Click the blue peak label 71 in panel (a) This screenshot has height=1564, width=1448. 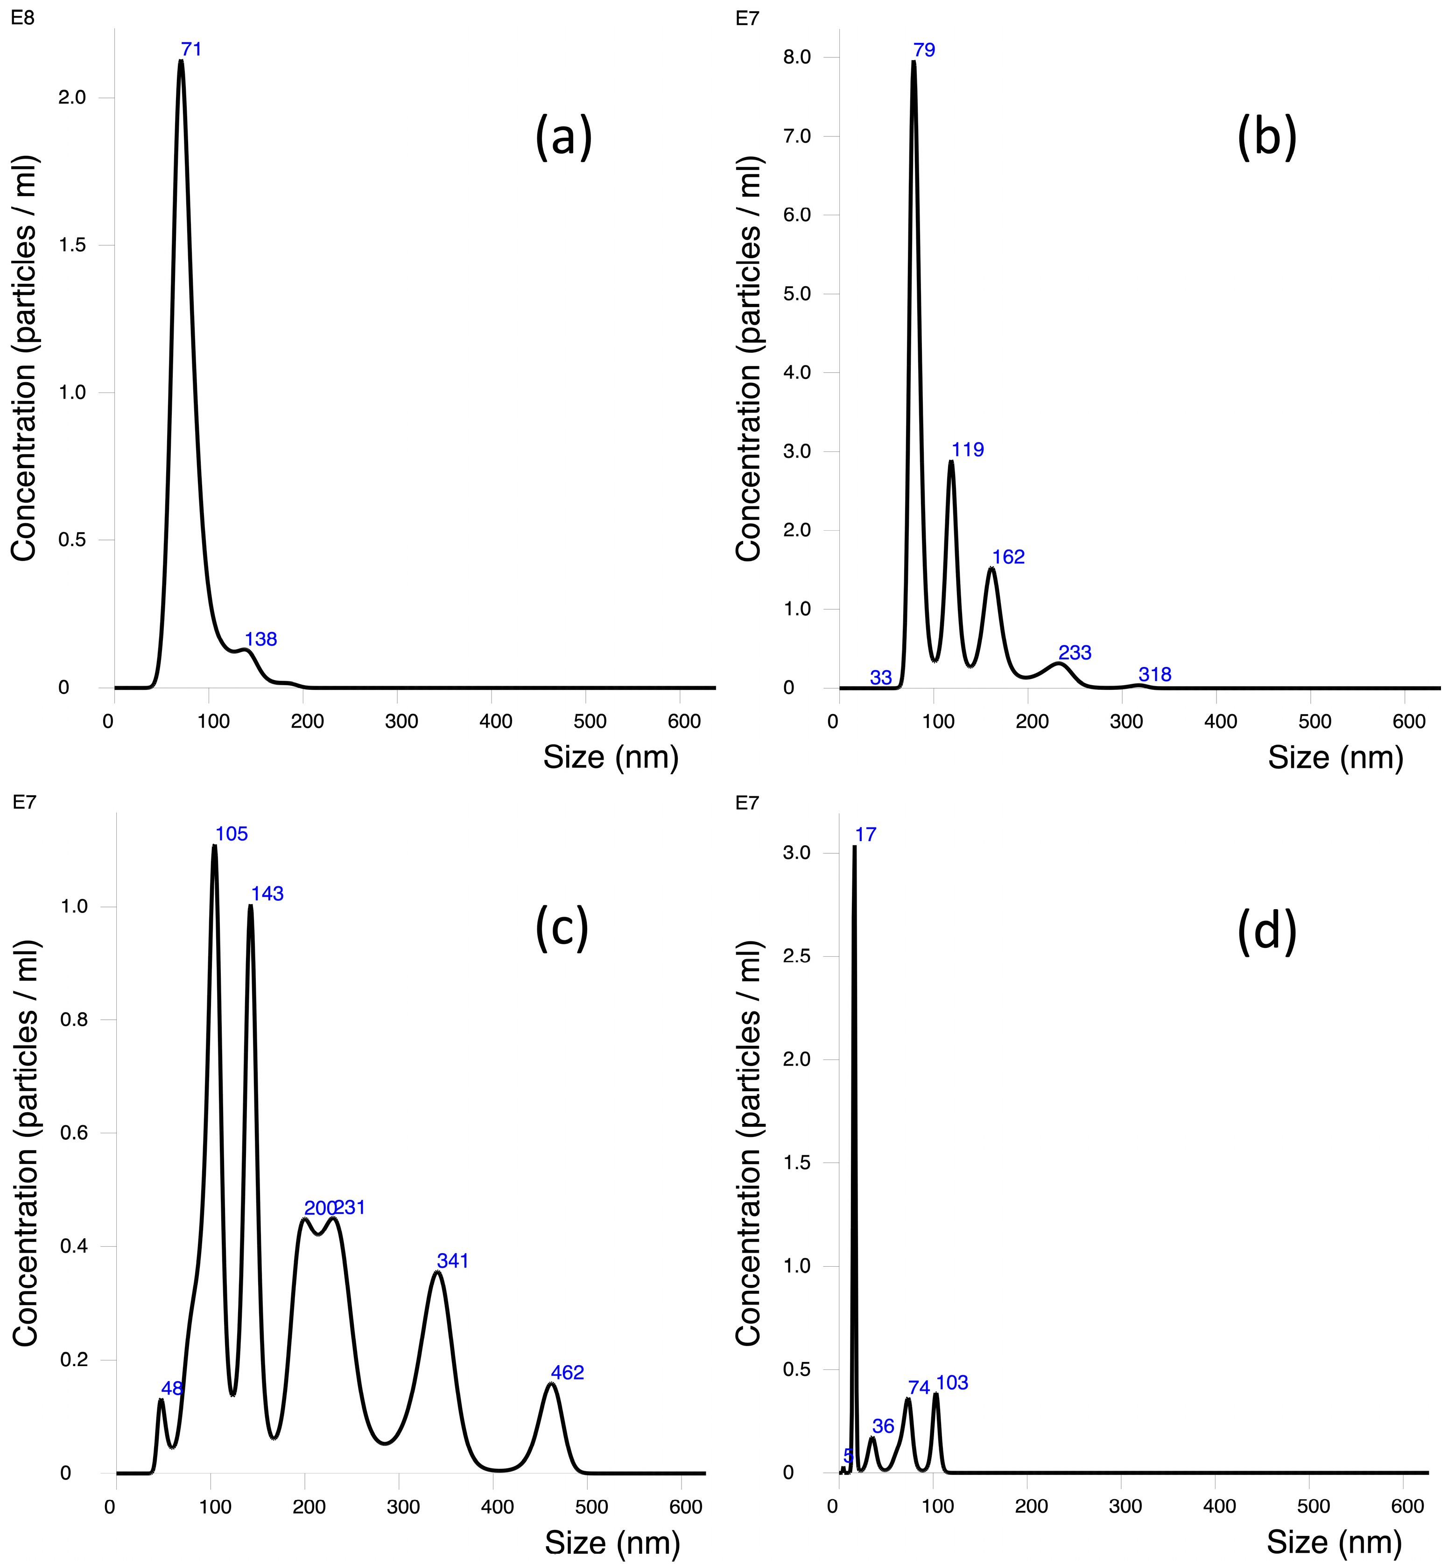tap(191, 49)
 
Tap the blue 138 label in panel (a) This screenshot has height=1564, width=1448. tap(261, 639)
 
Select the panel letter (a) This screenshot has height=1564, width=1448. tap(563, 138)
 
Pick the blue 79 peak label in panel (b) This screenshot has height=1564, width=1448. tap(925, 50)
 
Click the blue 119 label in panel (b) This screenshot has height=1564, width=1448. tap(968, 450)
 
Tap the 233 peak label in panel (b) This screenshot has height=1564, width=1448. tap(1075, 652)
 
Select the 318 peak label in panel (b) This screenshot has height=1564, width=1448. tap(1155, 674)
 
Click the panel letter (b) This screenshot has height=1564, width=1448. tap(1267, 138)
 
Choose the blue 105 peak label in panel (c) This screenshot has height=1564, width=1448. tap(232, 834)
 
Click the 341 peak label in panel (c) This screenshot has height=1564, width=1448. tap(453, 1261)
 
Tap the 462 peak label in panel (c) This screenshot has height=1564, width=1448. tap(567, 1373)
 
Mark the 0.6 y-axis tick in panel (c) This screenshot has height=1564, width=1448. tap(74, 1133)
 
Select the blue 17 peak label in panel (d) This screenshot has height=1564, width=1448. tap(866, 835)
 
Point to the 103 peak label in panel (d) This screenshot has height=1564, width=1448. tap(952, 1383)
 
